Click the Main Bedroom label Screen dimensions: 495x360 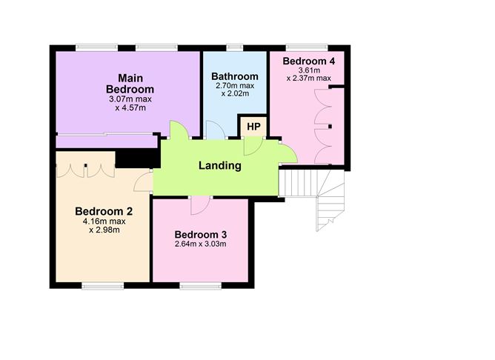tap(130, 84)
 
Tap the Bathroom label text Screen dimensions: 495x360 tap(235, 76)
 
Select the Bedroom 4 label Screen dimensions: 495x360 tap(309, 61)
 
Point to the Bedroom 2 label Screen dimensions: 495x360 tap(104, 211)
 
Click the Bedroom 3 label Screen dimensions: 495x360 tap(201, 234)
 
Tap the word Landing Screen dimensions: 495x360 tap(220, 165)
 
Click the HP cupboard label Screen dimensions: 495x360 tap(254, 127)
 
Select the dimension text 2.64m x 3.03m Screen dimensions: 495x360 tap(201, 244)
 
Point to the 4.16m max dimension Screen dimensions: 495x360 tap(104, 221)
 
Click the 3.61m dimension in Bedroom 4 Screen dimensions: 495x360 tap(309, 70)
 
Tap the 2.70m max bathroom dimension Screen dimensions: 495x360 tap(235, 85)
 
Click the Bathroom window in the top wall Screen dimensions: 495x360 tap(235, 47)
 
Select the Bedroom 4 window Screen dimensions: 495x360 tap(307, 47)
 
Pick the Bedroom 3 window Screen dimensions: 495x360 tap(201, 285)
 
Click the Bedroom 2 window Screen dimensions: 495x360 tap(103, 285)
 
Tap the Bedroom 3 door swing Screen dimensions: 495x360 tap(201, 205)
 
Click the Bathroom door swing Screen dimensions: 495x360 tap(216, 130)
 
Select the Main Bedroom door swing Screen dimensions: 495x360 tap(179, 130)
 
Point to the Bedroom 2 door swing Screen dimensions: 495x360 tap(143, 181)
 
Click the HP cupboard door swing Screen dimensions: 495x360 tap(253, 147)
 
